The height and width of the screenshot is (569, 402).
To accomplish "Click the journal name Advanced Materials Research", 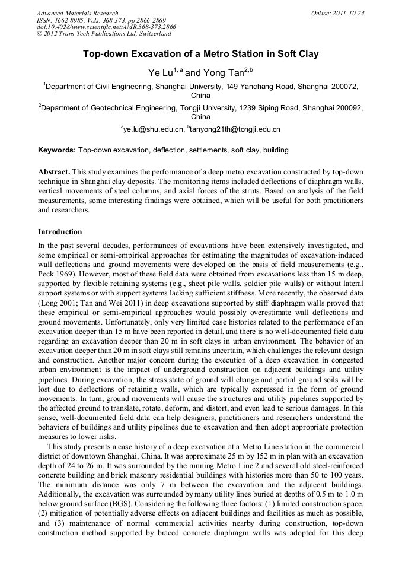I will [x=77, y=13].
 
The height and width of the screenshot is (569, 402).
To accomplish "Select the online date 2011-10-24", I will [x=349, y=13].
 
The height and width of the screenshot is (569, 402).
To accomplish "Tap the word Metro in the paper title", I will [x=215, y=54].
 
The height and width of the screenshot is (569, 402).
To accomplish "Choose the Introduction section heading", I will [x=60, y=232].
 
